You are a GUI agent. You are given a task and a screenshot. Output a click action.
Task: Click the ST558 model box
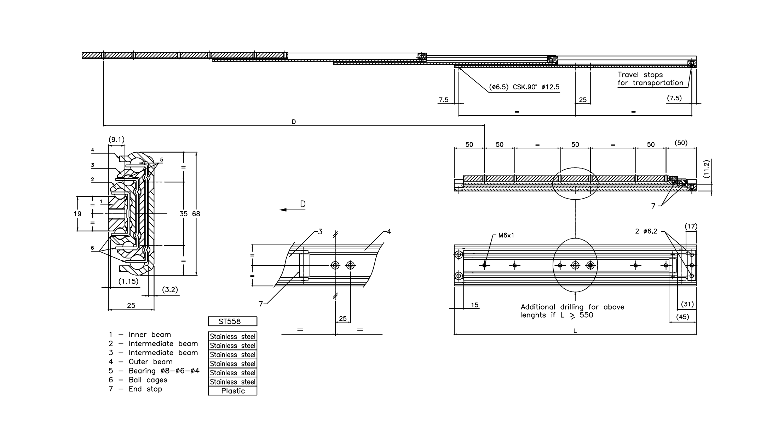(232, 322)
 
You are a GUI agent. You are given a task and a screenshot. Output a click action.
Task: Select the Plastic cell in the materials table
(232, 391)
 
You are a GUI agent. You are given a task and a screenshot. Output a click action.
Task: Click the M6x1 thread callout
(506, 235)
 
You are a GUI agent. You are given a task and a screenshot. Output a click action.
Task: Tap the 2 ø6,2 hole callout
(646, 231)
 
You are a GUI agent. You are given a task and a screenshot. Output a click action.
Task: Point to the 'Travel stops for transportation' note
(650, 79)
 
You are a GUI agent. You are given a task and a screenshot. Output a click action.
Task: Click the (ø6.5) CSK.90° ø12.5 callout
(524, 87)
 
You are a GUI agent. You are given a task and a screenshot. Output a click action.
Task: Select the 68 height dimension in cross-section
(196, 214)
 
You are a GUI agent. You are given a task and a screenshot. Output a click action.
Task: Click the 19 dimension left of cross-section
(78, 214)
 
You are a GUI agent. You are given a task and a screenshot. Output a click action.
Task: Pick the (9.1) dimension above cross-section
(116, 140)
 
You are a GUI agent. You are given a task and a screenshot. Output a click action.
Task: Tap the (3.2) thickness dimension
(170, 290)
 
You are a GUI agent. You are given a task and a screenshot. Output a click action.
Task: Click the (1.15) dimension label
(128, 282)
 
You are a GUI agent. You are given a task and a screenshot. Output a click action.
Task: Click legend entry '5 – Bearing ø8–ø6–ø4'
(154, 371)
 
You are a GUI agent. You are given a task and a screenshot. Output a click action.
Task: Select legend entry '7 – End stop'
(136, 389)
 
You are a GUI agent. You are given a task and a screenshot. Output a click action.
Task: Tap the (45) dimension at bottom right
(682, 317)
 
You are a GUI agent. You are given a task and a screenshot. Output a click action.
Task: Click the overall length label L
(575, 331)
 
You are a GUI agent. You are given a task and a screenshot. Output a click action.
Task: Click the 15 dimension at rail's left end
(474, 305)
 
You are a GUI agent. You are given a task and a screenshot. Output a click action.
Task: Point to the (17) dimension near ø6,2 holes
(691, 226)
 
